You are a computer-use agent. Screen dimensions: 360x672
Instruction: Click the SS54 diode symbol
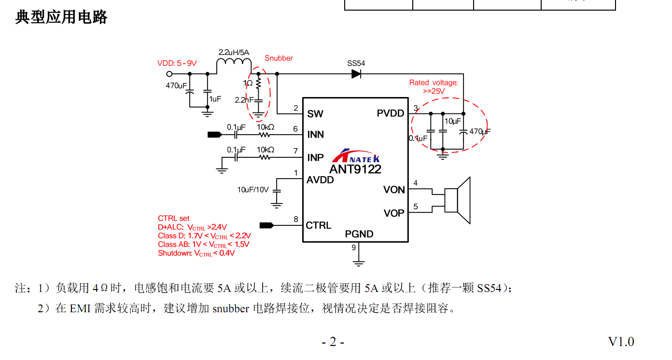[x=356, y=74]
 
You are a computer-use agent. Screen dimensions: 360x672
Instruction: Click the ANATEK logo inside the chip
[x=357, y=156]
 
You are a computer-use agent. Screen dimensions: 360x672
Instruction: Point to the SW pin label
[x=315, y=114]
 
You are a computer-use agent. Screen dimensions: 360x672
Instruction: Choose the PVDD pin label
[x=391, y=113]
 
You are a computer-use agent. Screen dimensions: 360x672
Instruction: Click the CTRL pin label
[x=319, y=225]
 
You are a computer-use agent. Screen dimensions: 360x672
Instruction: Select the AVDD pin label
[x=320, y=180]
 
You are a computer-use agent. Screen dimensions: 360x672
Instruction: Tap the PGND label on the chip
[x=359, y=234]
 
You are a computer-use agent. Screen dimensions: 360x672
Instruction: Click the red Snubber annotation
[x=279, y=58]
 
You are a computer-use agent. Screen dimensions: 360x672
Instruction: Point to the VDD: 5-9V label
[x=177, y=63]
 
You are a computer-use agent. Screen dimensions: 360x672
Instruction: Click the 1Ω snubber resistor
[x=258, y=84]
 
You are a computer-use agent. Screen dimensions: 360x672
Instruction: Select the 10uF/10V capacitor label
[x=253, y=190]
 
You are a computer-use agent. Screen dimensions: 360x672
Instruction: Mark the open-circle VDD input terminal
[x=169, y=74]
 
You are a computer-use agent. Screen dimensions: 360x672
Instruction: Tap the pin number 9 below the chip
[x=353, y=248]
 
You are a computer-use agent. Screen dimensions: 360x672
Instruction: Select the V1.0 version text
[x=621, y=342]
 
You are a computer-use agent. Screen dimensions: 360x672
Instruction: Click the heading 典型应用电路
[x=61, y=17]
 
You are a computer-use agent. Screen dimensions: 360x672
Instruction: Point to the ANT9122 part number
[x=355, y=169]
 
